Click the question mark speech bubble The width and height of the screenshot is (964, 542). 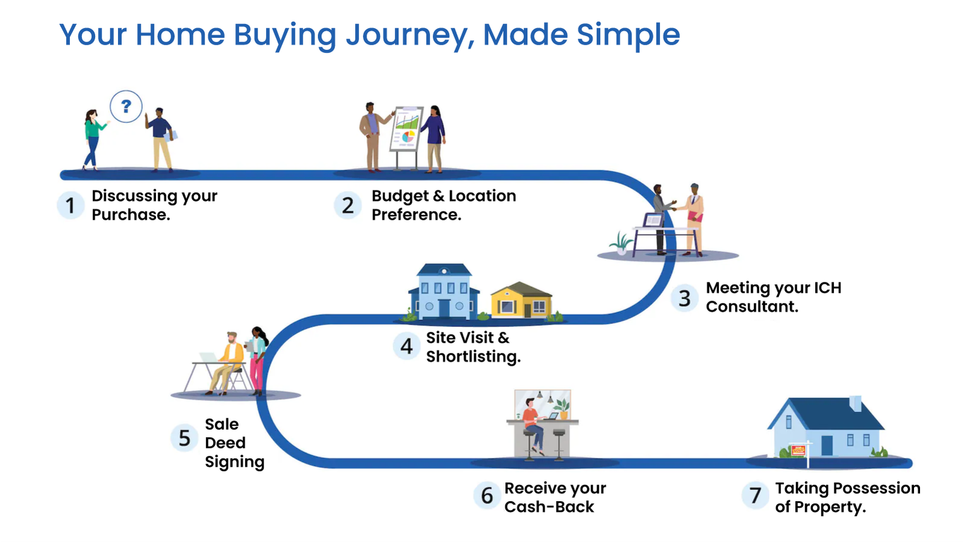(x=126, y=107)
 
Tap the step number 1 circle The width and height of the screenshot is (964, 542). (x=70, y=205)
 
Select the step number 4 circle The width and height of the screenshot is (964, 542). (x=407, y=346)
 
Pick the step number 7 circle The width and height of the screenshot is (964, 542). (x=755, y=496)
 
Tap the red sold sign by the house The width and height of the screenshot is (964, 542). (x=798, y=450)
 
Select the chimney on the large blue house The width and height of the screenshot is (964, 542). (x=855, y=403)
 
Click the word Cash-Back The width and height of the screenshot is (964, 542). (x=549, y=507)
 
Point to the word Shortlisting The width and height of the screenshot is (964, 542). (x=473, y=357)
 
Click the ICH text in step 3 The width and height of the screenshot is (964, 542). (x=827, y=288)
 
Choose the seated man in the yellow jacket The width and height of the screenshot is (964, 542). (x=229, y=361)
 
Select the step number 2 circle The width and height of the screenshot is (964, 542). (x=348, y=205)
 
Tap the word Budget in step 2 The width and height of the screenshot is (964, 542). (x=399, y=196)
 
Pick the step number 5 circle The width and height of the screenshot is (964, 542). (x=184, y=438)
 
